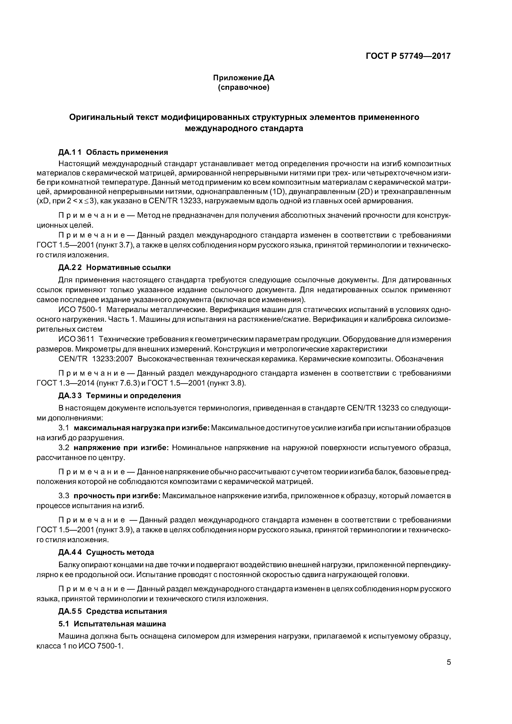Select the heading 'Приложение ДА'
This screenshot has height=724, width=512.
coord(244,78)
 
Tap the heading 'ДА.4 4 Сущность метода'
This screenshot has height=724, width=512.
coord(106,552)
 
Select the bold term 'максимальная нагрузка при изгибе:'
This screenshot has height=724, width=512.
coord(142,428)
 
